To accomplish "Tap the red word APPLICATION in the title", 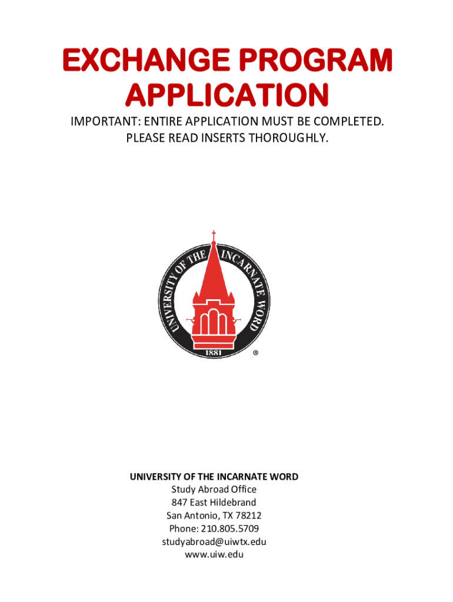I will pyautogui.click(x=227, y=96).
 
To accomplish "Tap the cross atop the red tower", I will pyautogui.click(x=214, y=235).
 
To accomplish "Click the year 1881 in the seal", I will pyautogui.click(x=214, y=352).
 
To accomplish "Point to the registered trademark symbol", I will pyautogui.click(x=255, y=353).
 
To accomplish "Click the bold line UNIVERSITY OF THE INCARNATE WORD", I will pyautogui.click(x=214, y=477).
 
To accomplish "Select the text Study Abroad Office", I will pyautogui.click(x=214, y=489).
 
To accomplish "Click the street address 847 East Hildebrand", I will pyautogui.click(x=214, y=502).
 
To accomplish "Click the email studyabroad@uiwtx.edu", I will pyautogui.click(x=214, y=541).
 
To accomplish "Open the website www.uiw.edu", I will pyautogui.click(x=214, y=554).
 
